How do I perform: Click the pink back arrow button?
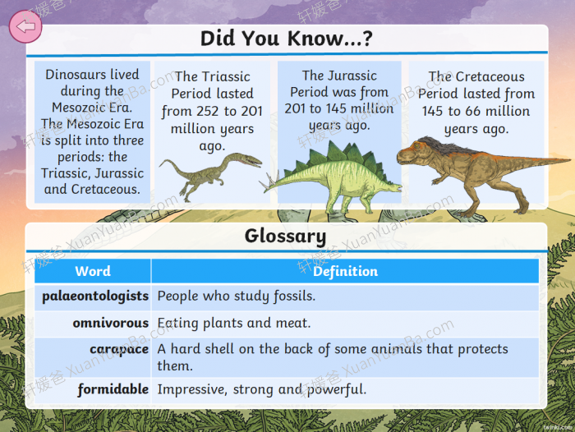[25, 26]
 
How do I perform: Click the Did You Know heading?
[287, 38]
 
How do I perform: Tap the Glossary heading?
[285, 236]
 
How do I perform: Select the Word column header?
[93, 271]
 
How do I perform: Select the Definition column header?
[345, 271]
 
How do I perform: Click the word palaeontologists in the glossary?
[95, 296]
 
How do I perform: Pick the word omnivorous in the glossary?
[110, 323]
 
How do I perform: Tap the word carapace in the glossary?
[119, 350]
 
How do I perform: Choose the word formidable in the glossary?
[113, 389]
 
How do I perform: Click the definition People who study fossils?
[237, 296]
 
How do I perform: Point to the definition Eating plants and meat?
[233, 323]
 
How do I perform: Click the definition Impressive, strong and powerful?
[261, 389]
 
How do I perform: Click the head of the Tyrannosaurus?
[411, 153]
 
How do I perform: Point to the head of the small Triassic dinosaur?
[250, 160]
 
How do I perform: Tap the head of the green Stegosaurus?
[395, 187]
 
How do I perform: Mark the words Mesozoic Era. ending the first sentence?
[92, 108]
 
